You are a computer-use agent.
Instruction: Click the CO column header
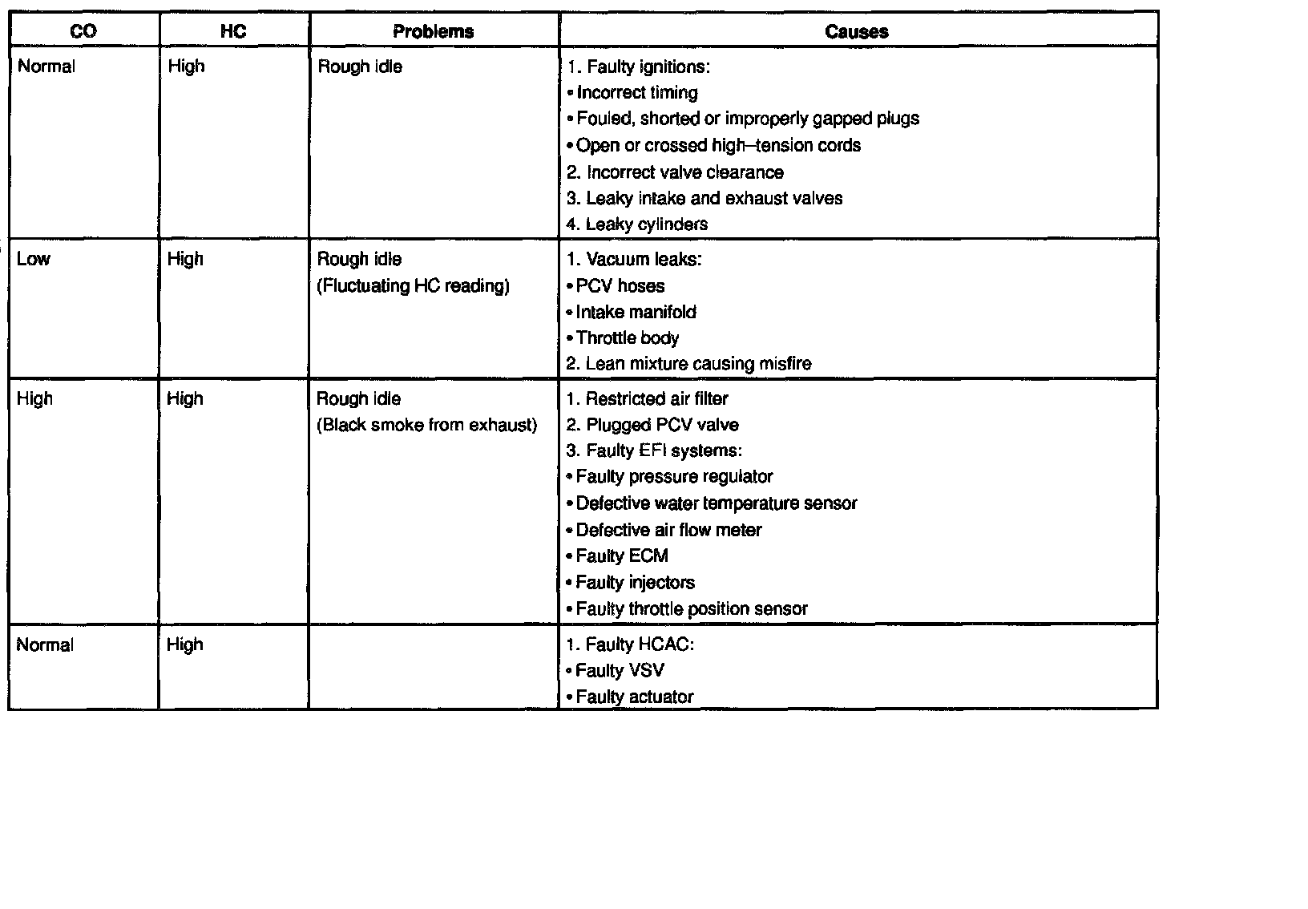pos(83,31)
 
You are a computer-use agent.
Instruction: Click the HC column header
pos(233,31)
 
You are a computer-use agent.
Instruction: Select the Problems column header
pos(434,31)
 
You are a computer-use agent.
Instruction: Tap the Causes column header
pos(857,31)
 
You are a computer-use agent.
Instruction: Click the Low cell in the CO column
pos(34,259)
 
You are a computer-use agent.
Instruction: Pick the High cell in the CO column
pos(34,398)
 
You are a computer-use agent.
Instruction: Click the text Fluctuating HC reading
pos(414,286)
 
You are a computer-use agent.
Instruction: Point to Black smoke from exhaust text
pos(427,425)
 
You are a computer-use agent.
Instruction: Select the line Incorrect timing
pos(636,93)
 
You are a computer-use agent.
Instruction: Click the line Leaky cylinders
pos(637,224)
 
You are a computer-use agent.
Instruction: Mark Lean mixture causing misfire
pos(689,364)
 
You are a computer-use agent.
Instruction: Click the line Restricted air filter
pos(648,398)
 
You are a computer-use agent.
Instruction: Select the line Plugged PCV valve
pos(652,425)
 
